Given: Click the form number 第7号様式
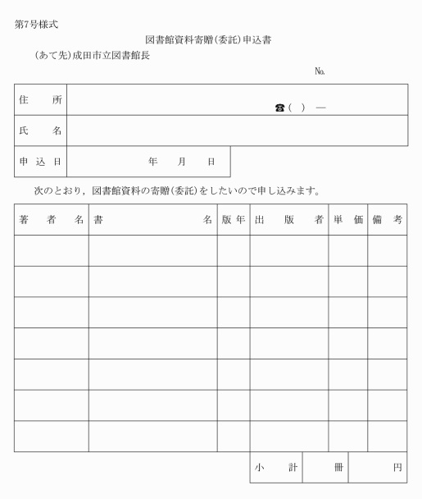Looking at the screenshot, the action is [x=36, y=24].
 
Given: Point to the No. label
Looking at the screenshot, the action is [x=320, y=71].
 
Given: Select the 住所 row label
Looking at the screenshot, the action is [x=40, y=100].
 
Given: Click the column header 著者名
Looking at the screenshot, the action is [x=51, y=220].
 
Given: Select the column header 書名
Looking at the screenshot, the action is [x=152, y=220].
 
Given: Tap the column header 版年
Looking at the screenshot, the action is [x=233, y=220].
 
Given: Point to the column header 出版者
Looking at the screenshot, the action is [x=288, y=220].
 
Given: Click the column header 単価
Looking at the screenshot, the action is [x=347, y=220].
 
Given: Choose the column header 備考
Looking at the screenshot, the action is [x=387, y=220].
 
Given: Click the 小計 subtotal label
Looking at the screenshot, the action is [x=275, y=467].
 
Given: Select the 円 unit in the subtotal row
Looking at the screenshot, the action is [x=397, y=467].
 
